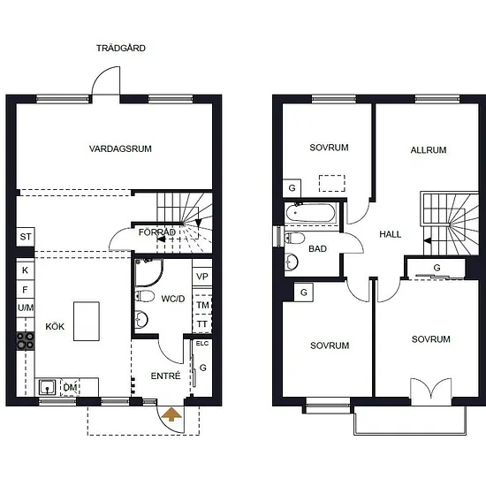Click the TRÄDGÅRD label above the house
[121, 48]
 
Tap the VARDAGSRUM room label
[120, 148]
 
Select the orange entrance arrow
[172, 414]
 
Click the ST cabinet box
[26, 237]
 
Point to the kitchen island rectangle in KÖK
[87, 321]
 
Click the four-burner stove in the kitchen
[26, 340]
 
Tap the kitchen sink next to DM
[48, 387]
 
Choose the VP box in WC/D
[202, 276]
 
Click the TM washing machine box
[202, 306]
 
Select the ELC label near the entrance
[202, 344]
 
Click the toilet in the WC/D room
[145, 296]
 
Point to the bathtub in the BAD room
[310, 213]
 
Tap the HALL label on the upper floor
[391, 234]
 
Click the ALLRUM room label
[429, 150]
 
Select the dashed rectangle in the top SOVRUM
[332, 183]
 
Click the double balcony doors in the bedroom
[431, 391]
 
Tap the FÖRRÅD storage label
[156, 232]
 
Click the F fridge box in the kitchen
[25, 290]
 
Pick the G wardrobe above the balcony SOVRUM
[437, 268]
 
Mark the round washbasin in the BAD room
[291, 262]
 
